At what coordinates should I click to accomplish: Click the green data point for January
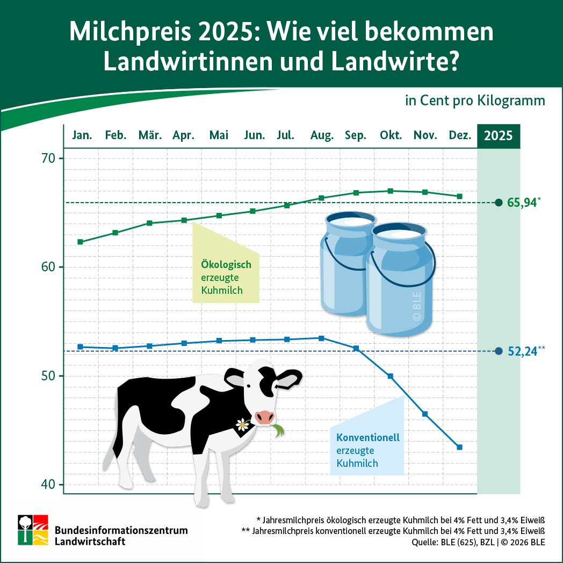pyautogui.click(x=81, y=242)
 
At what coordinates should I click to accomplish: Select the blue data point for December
pyautogui.click(x=459, y=447)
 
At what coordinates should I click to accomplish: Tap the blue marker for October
pyautogui.click(x=391, y=376)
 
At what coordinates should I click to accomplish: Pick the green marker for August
pyautogui.click(x=321, y=198)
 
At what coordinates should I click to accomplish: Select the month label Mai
pyautogui.click(x=219, y=135)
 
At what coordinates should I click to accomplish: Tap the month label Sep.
pyautogui.click(x=356, y=135)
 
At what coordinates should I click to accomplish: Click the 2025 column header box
pyautogui.click(x=499, y=135)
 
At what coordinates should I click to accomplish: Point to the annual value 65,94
pyautogui.click(x=522, y=203)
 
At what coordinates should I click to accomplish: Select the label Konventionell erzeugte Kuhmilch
pyautogui.click(x=364, y=450)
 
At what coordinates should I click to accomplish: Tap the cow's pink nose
pyautogui.click(x=264, y=416)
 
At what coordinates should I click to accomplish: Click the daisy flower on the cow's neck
pyautogui.click(x=242, y=424)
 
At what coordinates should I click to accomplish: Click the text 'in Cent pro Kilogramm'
pyautogui.click(x=475, y=101)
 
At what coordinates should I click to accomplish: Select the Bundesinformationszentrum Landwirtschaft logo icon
pyautogui.click(x=33, y=530)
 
